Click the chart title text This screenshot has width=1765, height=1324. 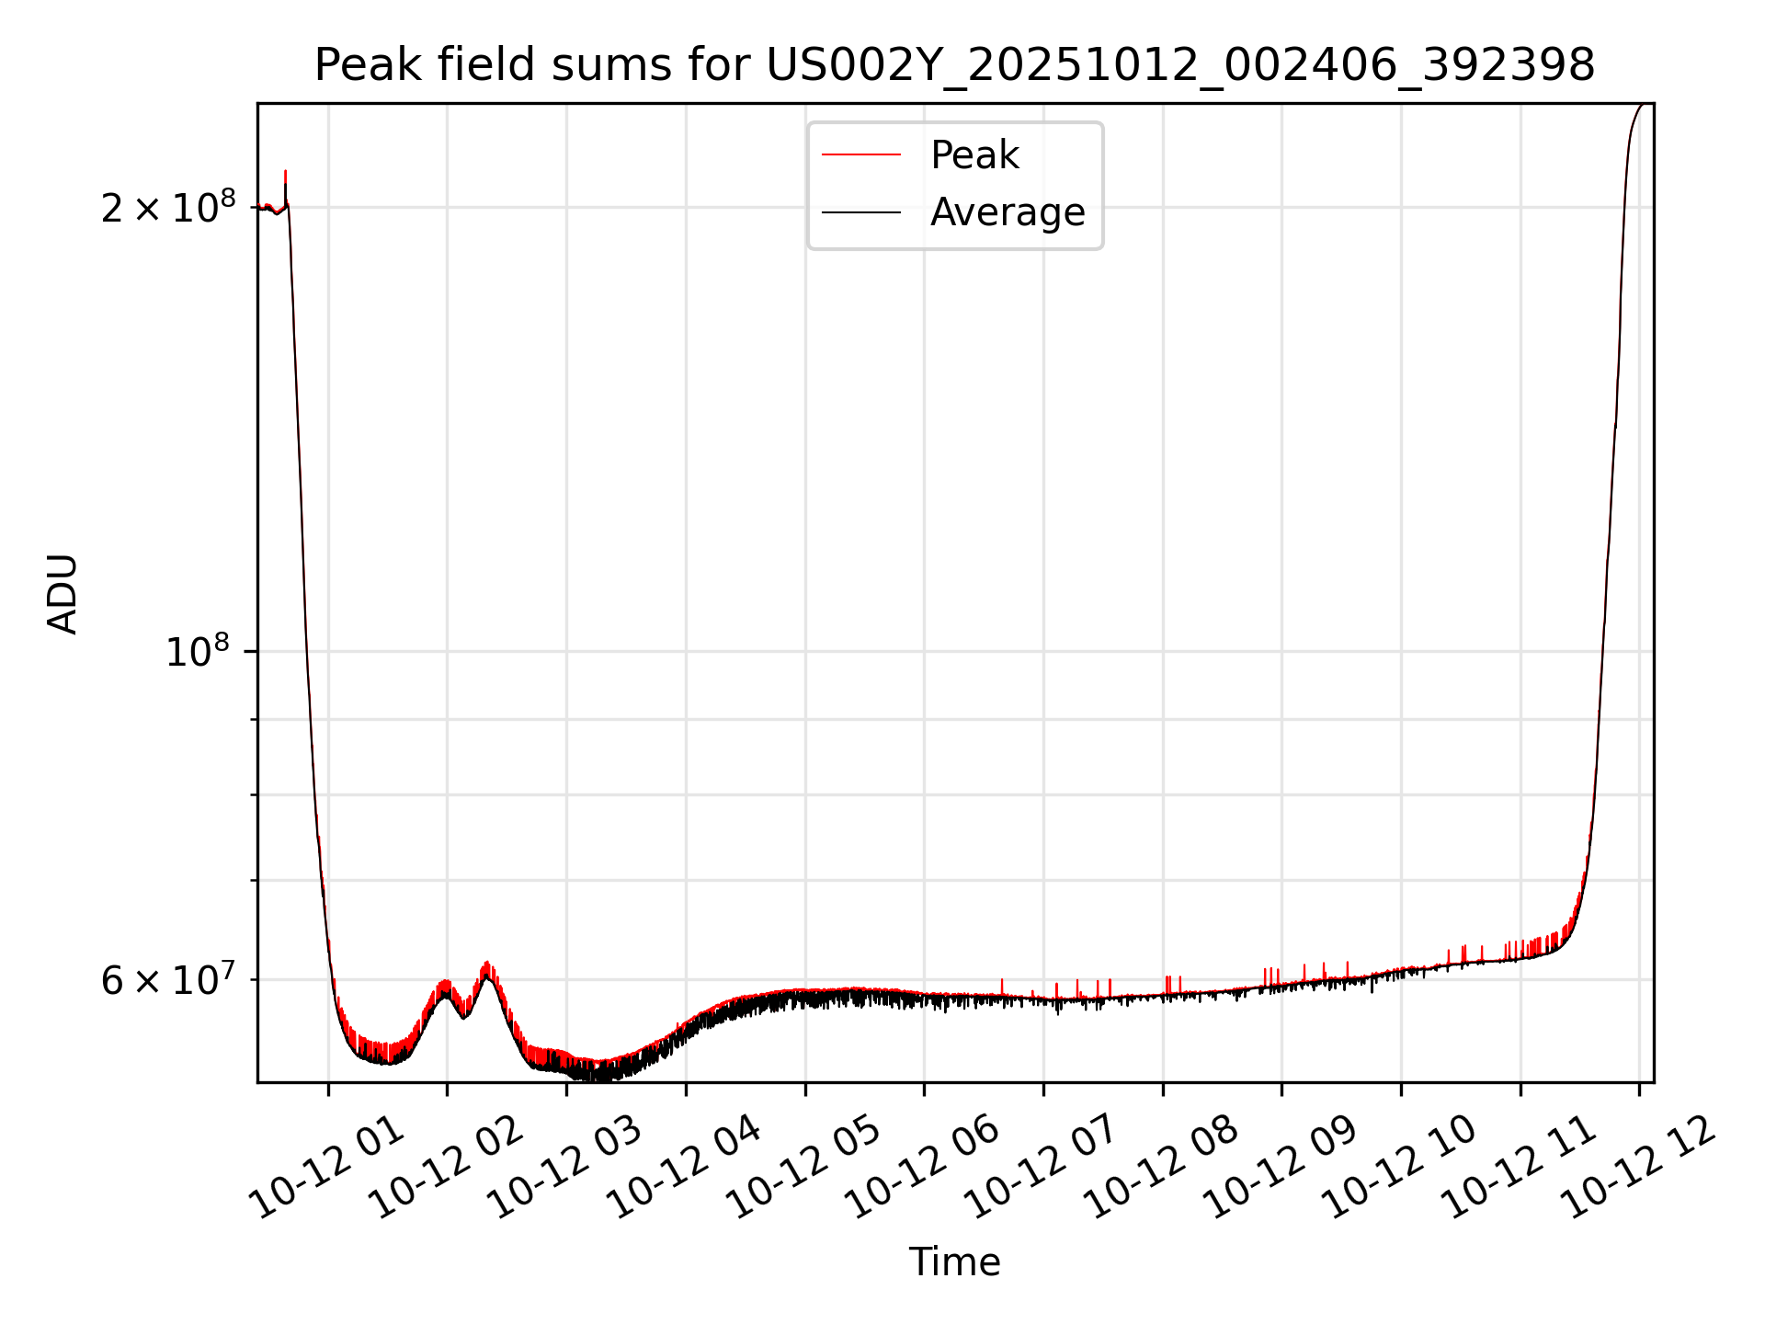coord(954,65)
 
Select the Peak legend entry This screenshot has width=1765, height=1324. coord(974,155)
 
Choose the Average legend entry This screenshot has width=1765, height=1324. coord(1008,212)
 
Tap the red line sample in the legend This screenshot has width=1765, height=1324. coord(860,155)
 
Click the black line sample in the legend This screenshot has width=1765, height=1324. coord(860,212)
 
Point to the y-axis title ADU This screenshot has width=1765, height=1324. coord(63,594)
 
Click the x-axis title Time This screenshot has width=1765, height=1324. coord(954,1262)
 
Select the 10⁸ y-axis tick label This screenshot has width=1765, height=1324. coord(197,653)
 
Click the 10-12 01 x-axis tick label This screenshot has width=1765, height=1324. coord(330,1168)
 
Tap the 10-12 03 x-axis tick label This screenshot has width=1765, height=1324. coord(567,1168)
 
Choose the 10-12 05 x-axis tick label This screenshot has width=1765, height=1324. coord(805,1168)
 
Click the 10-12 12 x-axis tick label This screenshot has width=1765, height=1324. coord(1638,1168)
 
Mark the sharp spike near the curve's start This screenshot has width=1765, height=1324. coord(286,172)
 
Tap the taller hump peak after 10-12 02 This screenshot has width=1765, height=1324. coord(487,965)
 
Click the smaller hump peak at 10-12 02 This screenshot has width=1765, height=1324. coord(446,984)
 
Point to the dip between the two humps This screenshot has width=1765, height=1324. coord(465,1016)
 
